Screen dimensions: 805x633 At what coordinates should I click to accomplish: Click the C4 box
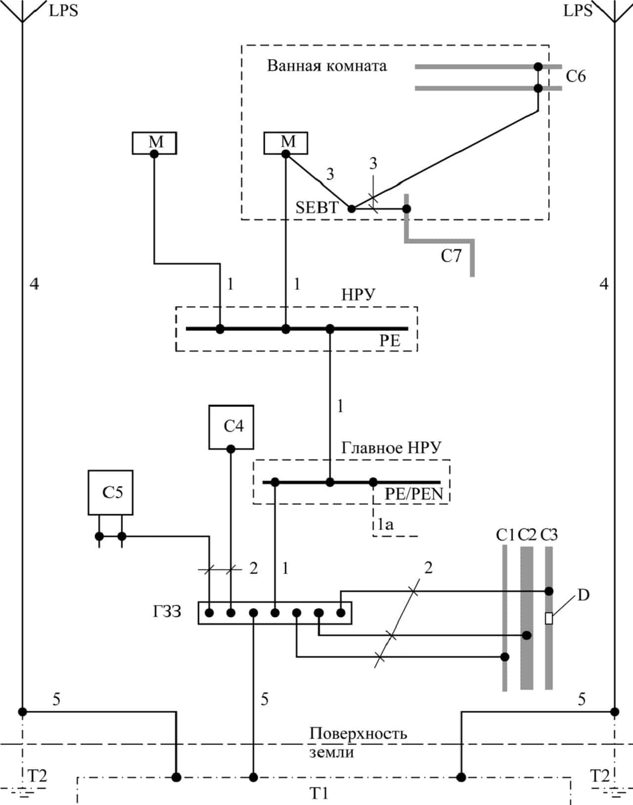231,427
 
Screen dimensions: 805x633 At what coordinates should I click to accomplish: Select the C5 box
110,493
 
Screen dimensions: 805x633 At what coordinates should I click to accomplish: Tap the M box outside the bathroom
154,143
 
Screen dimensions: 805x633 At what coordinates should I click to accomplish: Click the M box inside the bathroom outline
286,143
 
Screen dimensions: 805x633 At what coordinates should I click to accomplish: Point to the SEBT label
317,208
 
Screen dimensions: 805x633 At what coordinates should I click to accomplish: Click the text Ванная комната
327,66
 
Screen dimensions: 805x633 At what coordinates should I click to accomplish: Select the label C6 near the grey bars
576,77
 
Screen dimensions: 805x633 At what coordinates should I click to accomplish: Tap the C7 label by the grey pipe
451,256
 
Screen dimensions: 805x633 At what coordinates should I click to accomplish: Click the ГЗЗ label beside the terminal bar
167,612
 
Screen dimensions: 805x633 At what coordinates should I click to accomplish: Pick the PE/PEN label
414,494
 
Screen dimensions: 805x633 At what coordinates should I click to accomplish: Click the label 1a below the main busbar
386,524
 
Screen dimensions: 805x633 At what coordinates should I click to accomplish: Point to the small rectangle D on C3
548,618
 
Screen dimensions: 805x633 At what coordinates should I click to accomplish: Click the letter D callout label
584,595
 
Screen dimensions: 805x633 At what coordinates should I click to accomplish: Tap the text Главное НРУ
391,448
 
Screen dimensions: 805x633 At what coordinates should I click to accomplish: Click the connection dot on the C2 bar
527,635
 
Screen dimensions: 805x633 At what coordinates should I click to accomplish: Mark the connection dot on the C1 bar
505,657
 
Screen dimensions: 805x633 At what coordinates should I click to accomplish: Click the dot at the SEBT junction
352,209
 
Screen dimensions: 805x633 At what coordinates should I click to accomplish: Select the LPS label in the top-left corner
63,11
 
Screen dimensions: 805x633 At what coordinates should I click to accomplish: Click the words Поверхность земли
358,743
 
